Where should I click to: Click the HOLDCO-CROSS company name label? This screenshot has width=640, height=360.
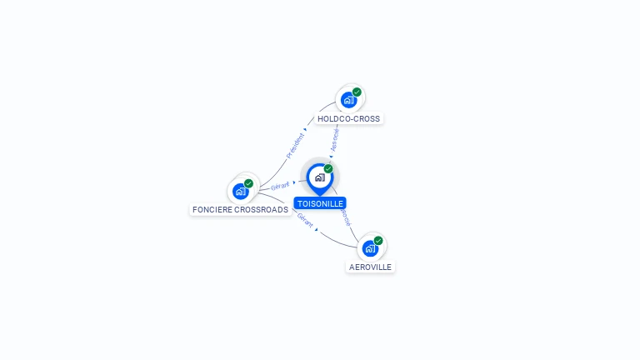tap(348, 119)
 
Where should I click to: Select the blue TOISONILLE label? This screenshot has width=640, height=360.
tap(320, 203)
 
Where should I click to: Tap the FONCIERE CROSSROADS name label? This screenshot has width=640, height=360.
tap(240, 210)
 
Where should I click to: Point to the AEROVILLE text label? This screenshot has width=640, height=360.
tap(370, 267)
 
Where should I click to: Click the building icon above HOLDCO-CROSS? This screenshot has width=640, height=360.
tap(348, 100)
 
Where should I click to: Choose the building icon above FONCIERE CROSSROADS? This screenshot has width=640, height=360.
tap(240, 191)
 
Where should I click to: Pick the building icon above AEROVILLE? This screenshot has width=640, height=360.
tap(369, 247)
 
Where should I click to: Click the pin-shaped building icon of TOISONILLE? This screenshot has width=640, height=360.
tap(319, 177)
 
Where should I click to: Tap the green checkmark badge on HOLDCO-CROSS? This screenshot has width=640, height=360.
tap(357, 92)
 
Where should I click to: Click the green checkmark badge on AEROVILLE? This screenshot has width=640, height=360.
tap(378, 241)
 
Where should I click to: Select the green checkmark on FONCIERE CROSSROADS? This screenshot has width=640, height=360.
tap(248, 183)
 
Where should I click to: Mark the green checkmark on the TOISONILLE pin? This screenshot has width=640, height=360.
tap(328, 169)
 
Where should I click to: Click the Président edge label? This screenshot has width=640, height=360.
tap(295, 146)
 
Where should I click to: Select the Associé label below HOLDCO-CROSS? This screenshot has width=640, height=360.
tap(335, 138)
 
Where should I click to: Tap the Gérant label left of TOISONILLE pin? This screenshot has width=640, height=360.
tap(280, 186)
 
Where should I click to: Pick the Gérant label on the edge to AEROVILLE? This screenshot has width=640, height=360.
tap(304, 221)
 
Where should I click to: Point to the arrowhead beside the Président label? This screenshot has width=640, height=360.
tap(306, 130)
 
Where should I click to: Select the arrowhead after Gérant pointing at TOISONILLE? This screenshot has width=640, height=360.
tap(294, 182)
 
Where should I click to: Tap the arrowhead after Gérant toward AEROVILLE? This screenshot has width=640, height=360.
tap(317, 229)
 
